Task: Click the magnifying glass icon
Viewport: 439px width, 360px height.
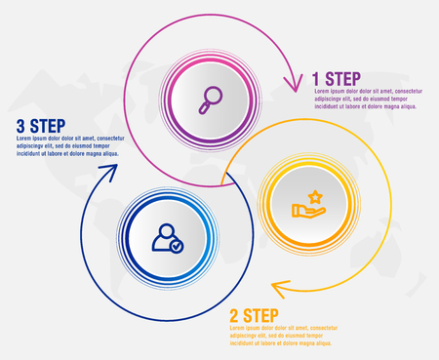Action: [211, 97]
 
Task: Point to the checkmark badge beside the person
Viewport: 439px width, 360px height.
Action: [176, 247]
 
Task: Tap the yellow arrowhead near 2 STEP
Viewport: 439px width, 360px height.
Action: [279, 288]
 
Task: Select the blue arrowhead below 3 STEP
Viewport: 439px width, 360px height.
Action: [107, 175]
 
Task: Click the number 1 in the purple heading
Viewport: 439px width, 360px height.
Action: [316, 78]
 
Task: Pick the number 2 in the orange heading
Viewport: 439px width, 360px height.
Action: [235, 315]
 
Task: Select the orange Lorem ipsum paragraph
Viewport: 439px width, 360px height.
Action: [284, 337]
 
